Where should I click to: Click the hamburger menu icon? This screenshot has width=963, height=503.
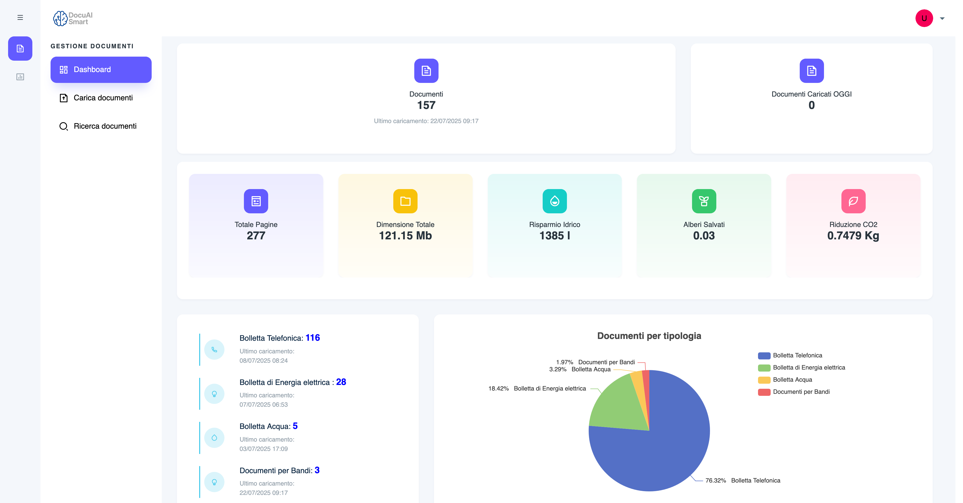20,18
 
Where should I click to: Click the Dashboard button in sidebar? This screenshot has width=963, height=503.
101,70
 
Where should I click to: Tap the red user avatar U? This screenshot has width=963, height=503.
924,18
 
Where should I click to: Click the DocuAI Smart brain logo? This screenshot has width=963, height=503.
60,18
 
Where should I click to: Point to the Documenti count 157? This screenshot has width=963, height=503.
426,105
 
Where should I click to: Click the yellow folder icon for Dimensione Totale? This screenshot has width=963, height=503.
405,201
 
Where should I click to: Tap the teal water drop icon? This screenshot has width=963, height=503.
554,201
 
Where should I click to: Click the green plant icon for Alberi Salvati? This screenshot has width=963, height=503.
704,201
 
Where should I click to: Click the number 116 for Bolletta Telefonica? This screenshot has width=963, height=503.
312,338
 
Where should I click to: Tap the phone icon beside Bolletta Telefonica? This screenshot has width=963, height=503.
214,350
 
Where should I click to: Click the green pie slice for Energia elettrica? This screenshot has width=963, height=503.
617,406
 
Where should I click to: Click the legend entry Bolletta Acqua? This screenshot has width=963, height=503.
792,380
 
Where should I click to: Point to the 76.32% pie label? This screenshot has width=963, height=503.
715,481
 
